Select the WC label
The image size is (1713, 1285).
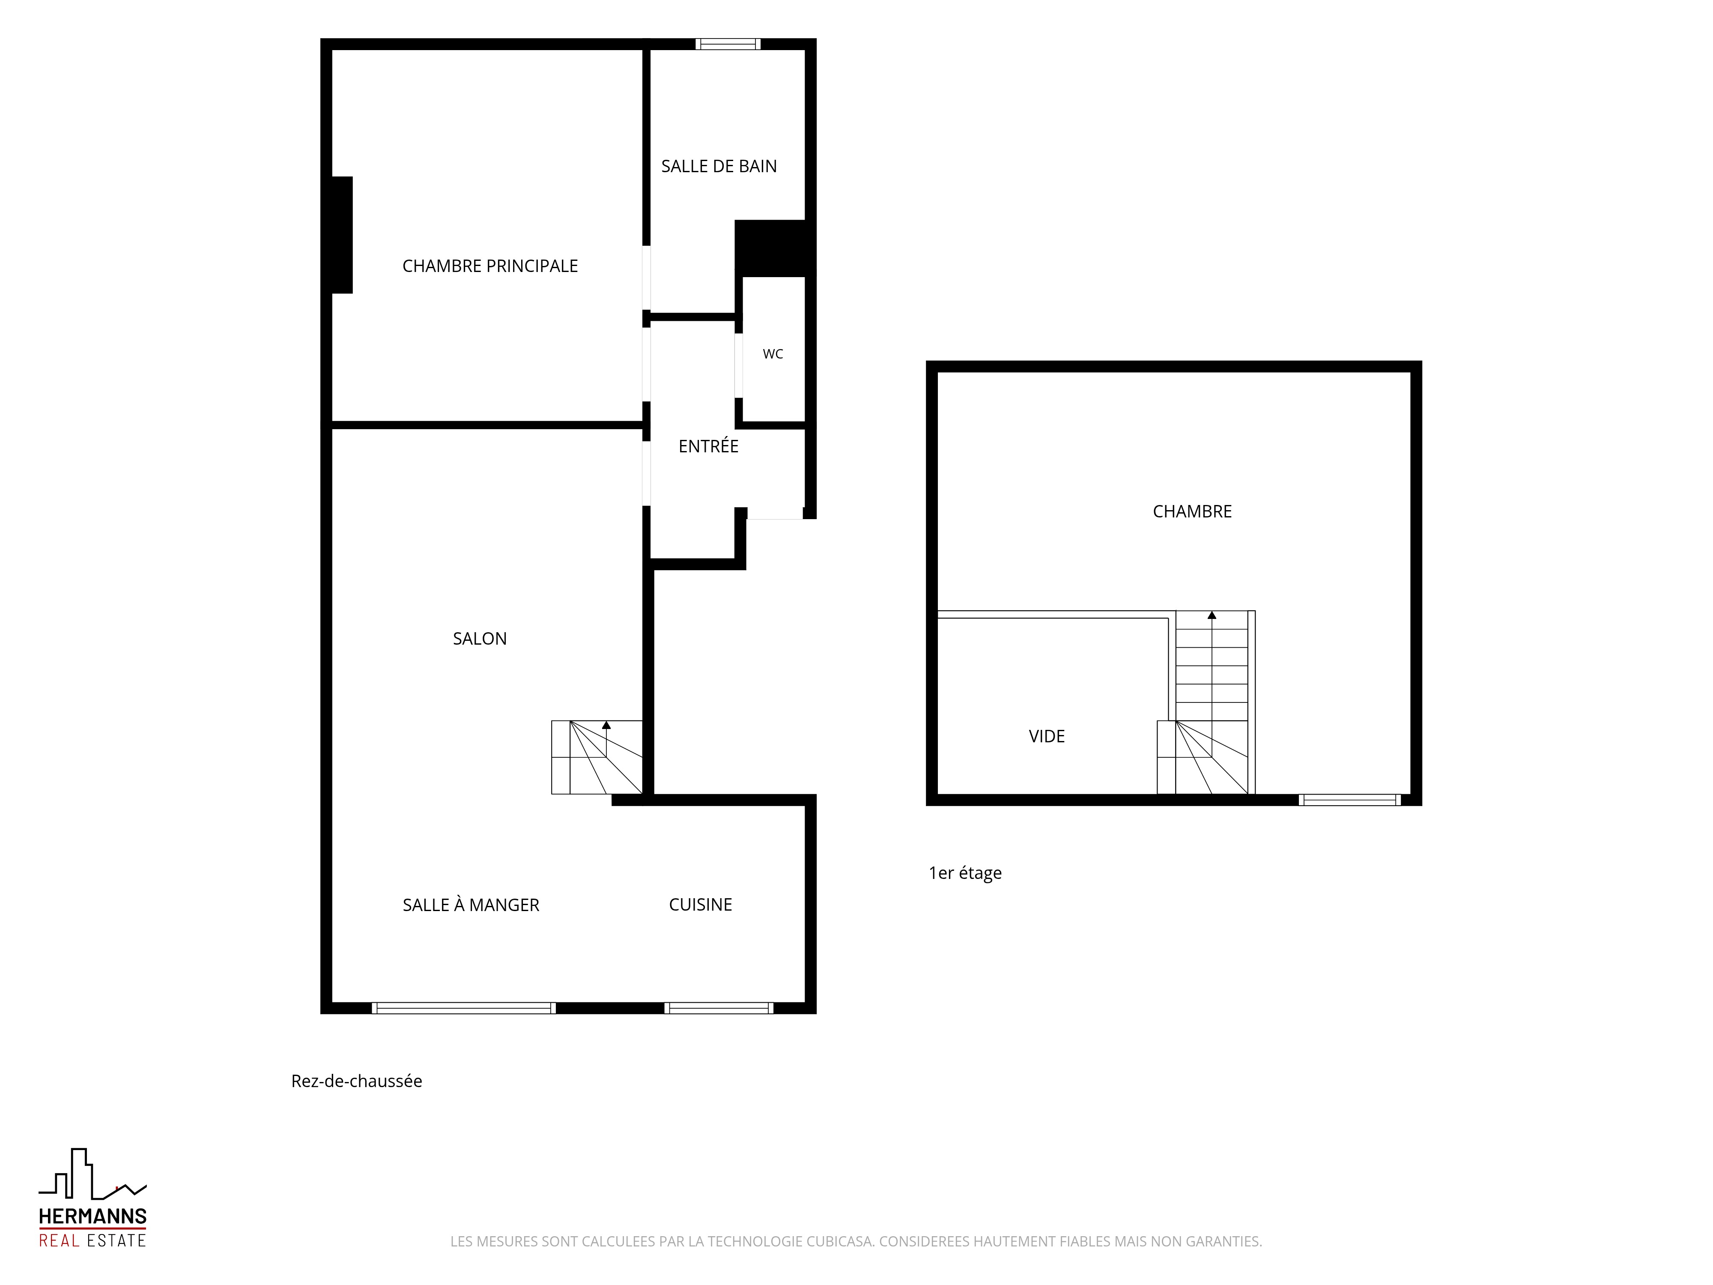point(773,354)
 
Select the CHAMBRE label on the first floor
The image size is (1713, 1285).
point(1193,511)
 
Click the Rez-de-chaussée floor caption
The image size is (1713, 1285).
point(357,1081)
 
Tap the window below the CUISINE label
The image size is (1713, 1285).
point(719,1008)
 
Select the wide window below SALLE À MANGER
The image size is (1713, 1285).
point(464,1008)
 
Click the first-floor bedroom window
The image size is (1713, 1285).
point(1350,800)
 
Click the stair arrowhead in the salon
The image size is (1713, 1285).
point(606,725)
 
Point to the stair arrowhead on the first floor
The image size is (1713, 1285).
point(1212,615)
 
